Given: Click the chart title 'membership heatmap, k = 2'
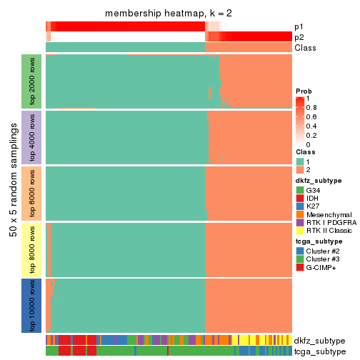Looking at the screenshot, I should [x=169, y=14].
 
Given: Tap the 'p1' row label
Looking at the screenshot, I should [x=299, y=26].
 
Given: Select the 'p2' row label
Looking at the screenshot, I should [x=299, y=37].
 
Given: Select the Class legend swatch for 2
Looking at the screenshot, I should [x=300, y=170].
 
